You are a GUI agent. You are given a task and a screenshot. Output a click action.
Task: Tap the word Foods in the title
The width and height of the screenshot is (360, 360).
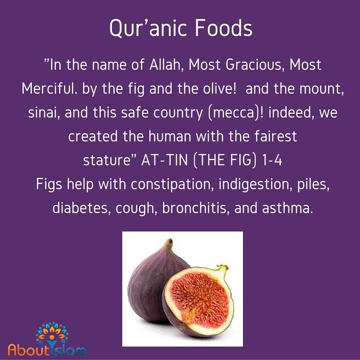224,28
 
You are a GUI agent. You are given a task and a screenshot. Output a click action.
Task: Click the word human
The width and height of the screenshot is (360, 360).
170,136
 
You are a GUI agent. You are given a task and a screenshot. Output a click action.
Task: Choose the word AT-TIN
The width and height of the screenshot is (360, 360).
164,160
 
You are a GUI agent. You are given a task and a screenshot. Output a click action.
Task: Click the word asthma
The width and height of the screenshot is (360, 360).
287,208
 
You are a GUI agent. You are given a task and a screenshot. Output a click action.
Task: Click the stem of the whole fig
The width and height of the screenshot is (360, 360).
170,243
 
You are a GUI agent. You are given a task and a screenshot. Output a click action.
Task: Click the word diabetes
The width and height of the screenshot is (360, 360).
81,208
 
